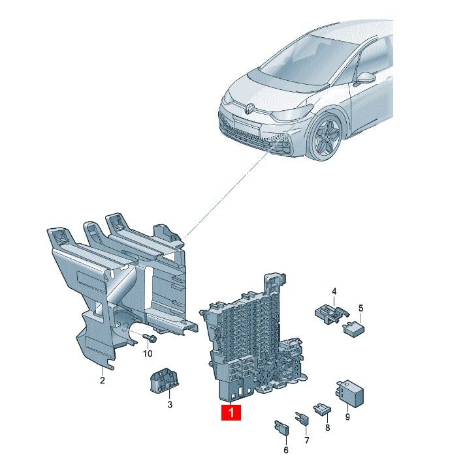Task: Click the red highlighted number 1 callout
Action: pos(231,412)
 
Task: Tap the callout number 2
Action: pos(103,380)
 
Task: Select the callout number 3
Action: pos(170,404)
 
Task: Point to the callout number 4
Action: pos(334,291)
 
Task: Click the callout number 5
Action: pos(361,308)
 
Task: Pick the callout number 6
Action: pos(286,450)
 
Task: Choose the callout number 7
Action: pos(307,440)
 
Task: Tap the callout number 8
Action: pos(327,428)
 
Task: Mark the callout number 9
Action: pos(347,417)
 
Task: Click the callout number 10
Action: pos(148,353)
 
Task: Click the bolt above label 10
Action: pos(149,338)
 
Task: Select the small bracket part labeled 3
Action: pos(163,381)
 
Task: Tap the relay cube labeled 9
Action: pos(349,393)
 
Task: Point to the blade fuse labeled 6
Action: pos(281,428)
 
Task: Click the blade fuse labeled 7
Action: pos(302,418)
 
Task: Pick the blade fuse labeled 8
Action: pos(323,408)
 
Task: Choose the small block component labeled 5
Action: pos(354,329)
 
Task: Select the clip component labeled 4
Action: pos(332,314)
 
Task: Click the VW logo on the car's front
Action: pos(249,108)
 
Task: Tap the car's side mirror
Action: pos(366,78)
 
